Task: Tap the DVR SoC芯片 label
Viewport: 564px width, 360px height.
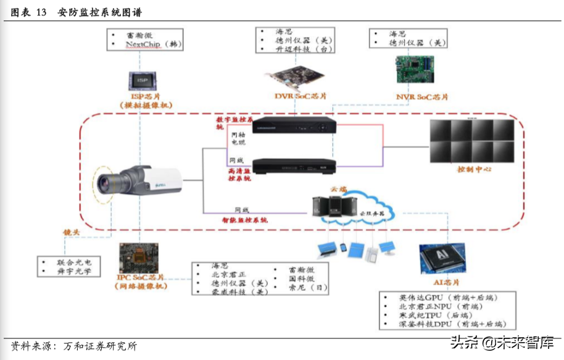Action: [301, 96]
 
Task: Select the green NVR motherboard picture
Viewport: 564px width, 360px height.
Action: [414, 69]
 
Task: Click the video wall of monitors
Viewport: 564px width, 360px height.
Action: [473, 140]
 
